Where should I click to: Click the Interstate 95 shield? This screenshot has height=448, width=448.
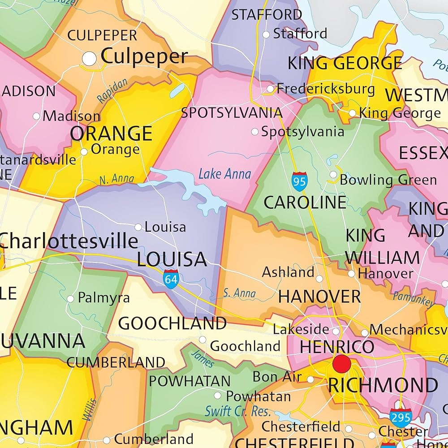[x=299, y=181]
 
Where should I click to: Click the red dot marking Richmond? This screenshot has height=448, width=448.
[x=341, y=362]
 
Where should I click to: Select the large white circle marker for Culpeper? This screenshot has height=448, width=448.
[x=90, y=58]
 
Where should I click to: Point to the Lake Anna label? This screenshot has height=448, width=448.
[x=224, y=174]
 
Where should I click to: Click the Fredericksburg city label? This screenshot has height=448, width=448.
[x=326, y=89]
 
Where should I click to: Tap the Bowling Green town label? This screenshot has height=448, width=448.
[x=388, y=180]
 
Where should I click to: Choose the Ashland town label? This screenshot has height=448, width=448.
[x=288, y=272]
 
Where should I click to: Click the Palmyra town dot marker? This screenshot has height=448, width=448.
[x=70, y=299]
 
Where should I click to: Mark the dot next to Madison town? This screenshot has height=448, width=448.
[x=36, y=116]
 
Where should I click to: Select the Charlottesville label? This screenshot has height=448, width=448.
[x=69, y=241]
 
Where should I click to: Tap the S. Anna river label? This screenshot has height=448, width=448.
[x=239, y=293]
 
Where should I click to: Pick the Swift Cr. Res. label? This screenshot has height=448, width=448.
[x=237, y=411]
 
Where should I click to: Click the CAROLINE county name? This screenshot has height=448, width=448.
[x=305, y=202]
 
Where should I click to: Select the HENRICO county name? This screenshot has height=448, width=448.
[x=337, y=347]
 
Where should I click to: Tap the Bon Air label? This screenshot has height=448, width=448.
[x=277, y=377]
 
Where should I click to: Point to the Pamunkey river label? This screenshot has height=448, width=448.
[x=413, y=299]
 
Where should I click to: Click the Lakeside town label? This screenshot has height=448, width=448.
[x=301, y=329]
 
